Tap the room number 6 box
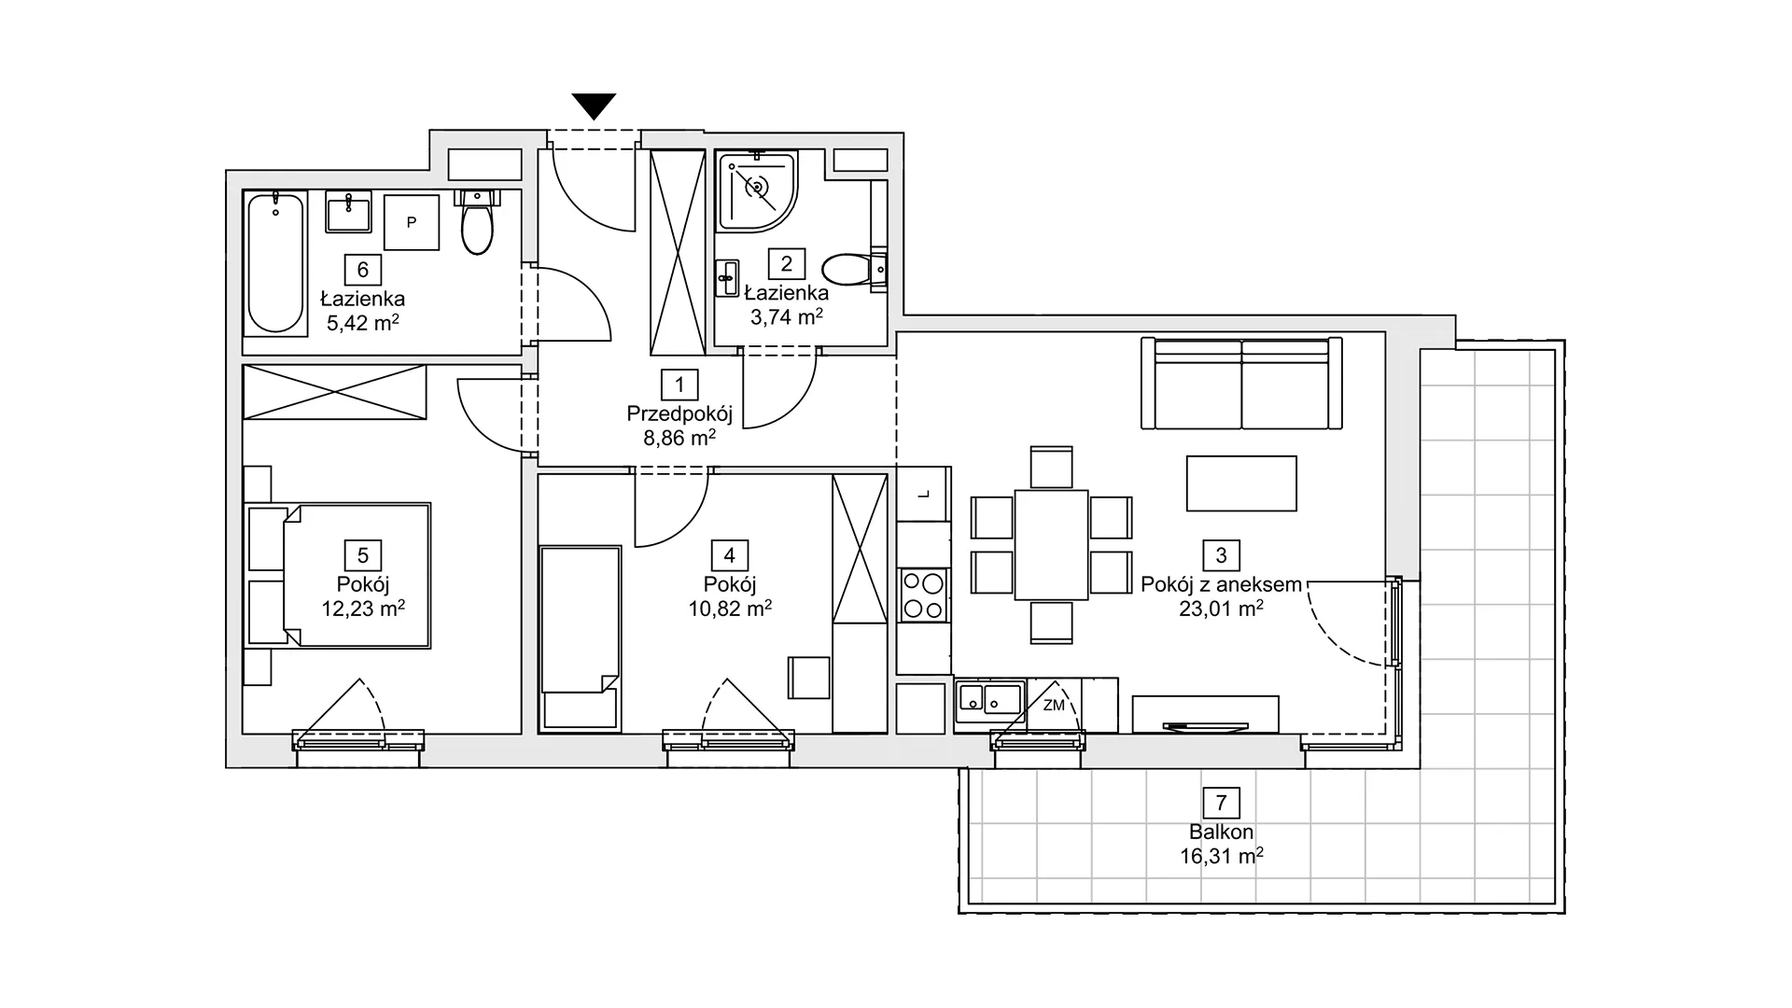363,270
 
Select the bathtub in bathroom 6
276,262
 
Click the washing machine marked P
412,222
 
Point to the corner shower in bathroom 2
756,190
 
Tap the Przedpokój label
679,413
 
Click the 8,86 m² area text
679,436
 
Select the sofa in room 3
1241,383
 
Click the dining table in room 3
1052,544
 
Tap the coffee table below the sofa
1241,483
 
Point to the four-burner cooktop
923,596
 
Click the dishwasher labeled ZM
1055,705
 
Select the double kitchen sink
989,698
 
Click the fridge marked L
923,495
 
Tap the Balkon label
1221,833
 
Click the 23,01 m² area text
1221,609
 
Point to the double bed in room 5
339,576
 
